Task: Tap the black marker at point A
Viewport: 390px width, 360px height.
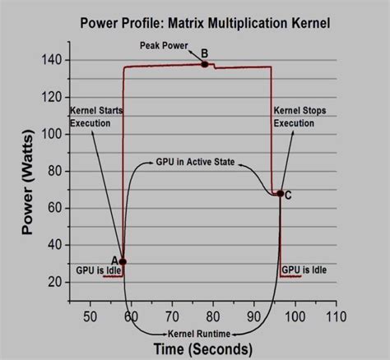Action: (123, 261)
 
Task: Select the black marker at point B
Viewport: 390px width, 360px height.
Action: (204, 64)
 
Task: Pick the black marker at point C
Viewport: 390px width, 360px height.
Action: (280, 194)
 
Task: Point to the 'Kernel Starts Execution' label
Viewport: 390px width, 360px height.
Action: (92, 117)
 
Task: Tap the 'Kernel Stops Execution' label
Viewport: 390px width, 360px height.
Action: (295, 117)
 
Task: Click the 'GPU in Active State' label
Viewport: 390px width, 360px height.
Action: (194, 164)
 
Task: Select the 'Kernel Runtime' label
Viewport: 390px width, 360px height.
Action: (200, 334)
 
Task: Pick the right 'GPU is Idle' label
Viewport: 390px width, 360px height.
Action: (304, 269)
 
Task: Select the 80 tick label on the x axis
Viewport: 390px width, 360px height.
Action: (212, 316)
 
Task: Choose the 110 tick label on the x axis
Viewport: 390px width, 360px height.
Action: (336, 316)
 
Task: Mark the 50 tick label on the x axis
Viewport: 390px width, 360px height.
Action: (90, 316)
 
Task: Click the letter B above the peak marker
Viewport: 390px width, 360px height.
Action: (204, 53)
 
